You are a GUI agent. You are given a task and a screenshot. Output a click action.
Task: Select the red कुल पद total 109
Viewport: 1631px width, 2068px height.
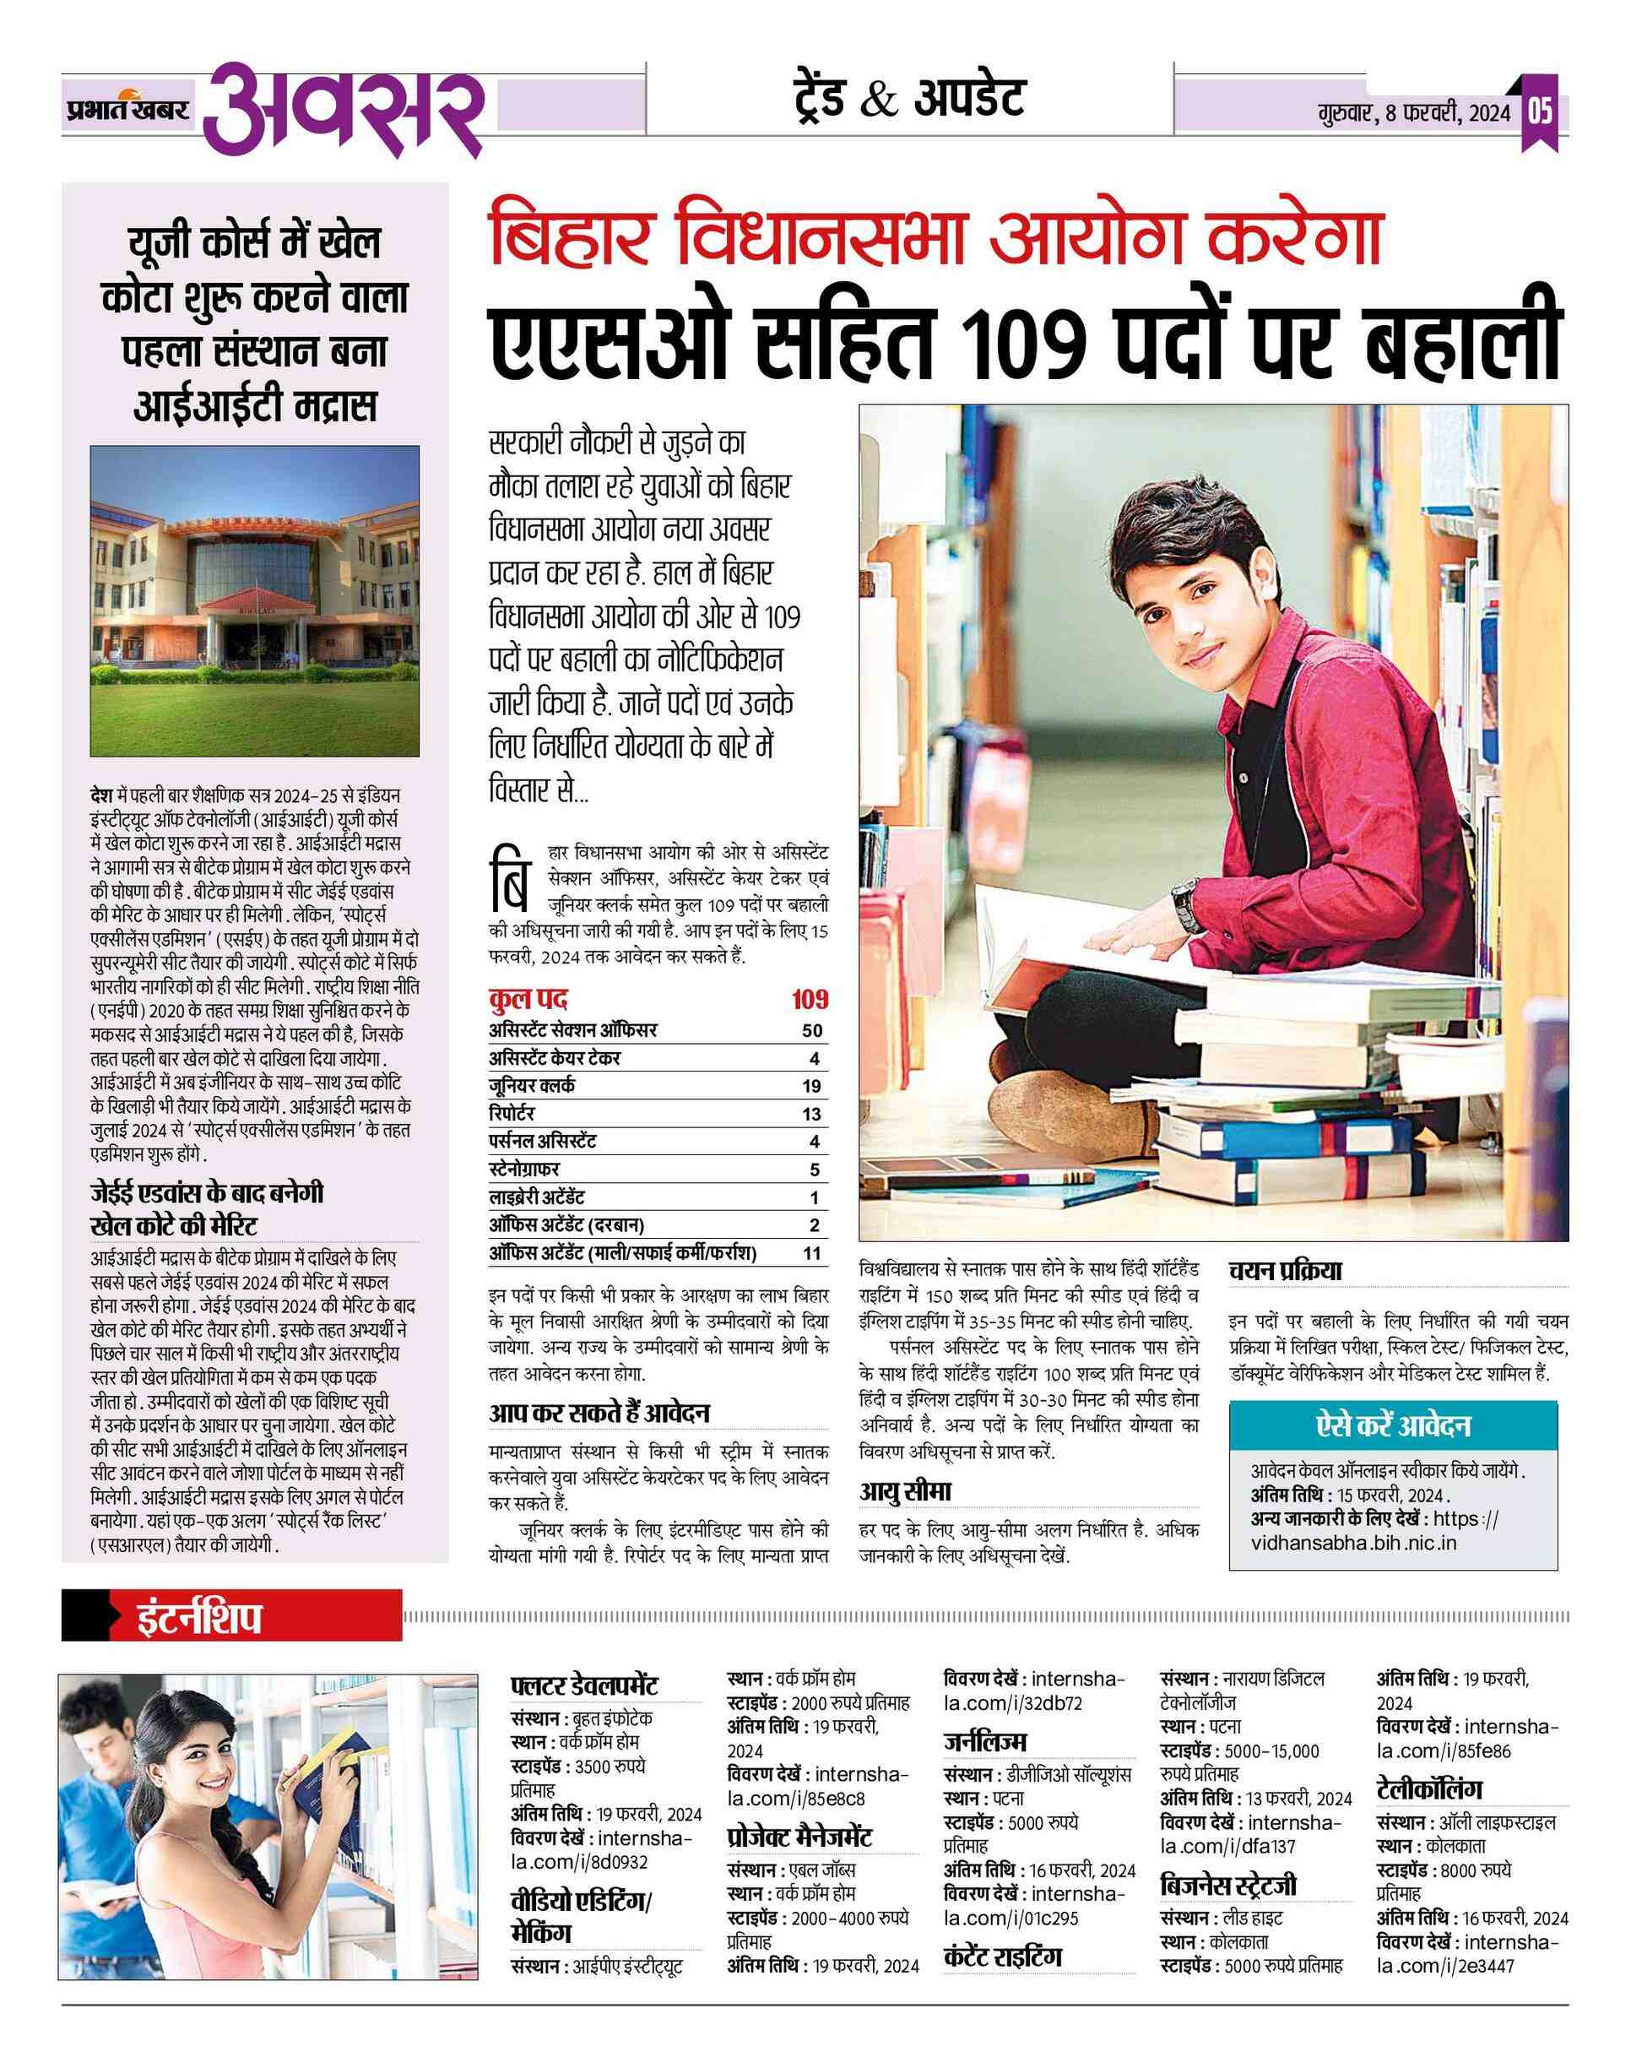pyautogui.click(x=809, y=1000)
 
